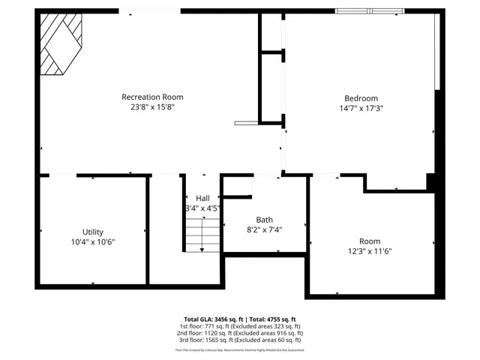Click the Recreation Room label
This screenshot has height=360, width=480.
(x=152, y=97)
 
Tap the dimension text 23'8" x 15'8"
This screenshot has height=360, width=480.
(x=152, y=107)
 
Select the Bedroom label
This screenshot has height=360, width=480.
(x=361, y=98)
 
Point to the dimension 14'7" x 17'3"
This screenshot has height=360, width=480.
(x=361, y=108)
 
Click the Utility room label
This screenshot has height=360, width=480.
(x=93, y=232)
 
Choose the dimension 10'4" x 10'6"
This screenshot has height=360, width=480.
(x=93, y=241)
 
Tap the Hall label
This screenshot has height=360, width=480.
(x=202, y=198)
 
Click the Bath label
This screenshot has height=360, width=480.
(x=264, y=220)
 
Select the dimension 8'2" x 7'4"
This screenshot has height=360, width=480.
(x=264, y=229)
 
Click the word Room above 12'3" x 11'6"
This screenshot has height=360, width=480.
(x=370, y=241)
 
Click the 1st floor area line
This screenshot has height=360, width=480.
(x=239, y=326)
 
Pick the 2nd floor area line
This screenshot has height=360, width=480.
(x=239, y=333)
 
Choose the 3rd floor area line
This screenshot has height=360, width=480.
(x=239, y=340)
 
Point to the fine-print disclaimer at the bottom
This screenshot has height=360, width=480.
(x=239, y=349)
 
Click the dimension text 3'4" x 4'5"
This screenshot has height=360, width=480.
(x=202, y=208)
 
